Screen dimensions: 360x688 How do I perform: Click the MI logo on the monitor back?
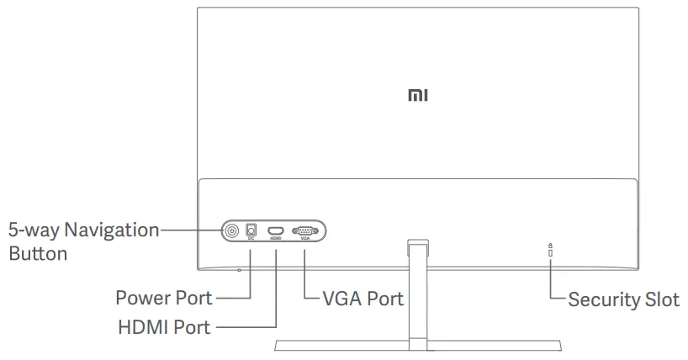(418, 97)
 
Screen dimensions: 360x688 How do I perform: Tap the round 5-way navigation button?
(231, 229)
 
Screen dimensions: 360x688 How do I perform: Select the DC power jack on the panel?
(251, 228)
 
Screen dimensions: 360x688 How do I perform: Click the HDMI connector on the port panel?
(276, 230)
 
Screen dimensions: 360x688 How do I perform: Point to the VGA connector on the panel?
(304, 230)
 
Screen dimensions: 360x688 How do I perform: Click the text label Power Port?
(163, 298)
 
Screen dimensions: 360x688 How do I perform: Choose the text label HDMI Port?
(164, 326)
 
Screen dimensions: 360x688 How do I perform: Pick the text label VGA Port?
(363, 299)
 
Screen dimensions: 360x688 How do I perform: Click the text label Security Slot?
(623, 299)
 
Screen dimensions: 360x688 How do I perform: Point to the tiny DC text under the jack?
(251, 239)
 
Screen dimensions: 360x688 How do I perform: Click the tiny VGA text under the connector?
(304, 239)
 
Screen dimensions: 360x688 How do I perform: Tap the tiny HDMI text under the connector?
(276, 239)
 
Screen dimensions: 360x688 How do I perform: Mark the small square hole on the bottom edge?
(239, 270)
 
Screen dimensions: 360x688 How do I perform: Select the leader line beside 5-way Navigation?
(189, 229)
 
